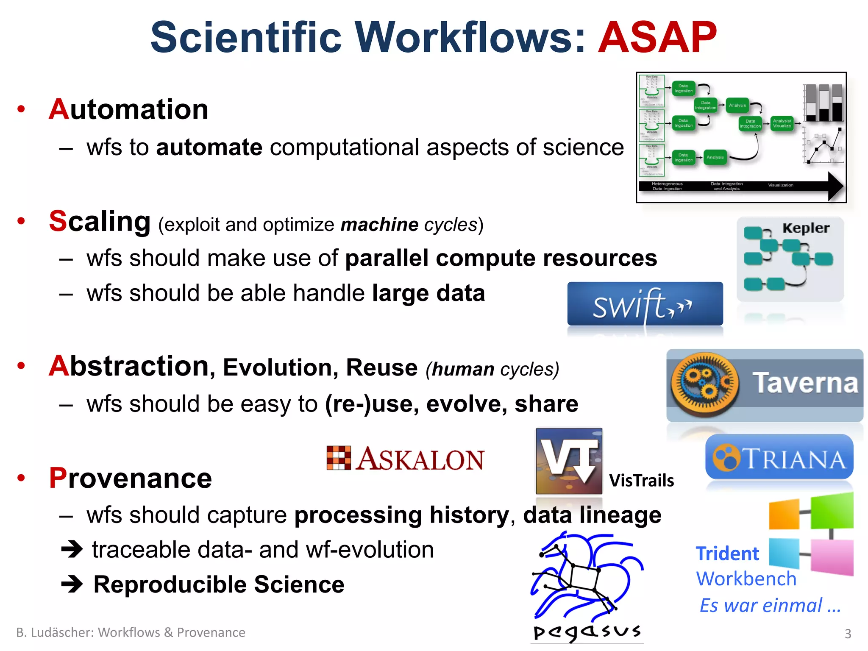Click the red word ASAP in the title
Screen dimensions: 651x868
pyautogui.click(x=657, y=38)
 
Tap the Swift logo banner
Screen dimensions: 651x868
pyautogui.click(x=645, y=304)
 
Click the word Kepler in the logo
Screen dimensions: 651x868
pyautogui.click(x=805, y=228)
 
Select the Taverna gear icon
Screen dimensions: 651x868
pyautogui.click(x=704, y=384)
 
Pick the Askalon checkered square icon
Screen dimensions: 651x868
pyautogui.click(x=339, y=458)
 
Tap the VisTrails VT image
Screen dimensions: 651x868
pyautogui.click(x=569, y=461)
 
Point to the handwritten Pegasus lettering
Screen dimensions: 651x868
pyautogui.click(x=587, y=632)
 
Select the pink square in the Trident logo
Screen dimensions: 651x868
pyautogui.click(x=832, y=557)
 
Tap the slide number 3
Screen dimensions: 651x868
pyautogui.click(x=848, y=634)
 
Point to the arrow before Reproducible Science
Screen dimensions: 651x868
pyautogui.click(x=72, y=584)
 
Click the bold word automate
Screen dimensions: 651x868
pyautogui.click(x=209, y=148)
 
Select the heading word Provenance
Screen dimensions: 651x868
pyautogui.click(x=130, y=478)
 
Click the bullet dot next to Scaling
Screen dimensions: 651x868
pyautogui.click(x=21, y=221)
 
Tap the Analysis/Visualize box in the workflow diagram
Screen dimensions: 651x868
pyautogui.click(x=782, y=123)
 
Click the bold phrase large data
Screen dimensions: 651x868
pyautogui.click(x=428, y=293)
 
